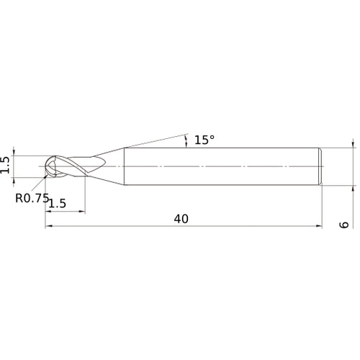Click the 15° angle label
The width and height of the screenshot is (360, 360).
(x=204, y=140)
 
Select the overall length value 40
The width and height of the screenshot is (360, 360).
(x=181, y=219)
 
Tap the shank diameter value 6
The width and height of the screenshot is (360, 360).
(x=344, y=225)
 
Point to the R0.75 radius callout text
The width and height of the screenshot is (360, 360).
(x=32, y=198)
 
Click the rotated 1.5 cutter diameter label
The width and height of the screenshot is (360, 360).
(x=5, y=165)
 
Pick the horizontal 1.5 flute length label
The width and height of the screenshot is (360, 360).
(x=58, y=204)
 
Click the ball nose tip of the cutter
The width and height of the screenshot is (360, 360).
(x=46, y=166)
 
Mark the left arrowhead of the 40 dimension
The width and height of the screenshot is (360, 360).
(x=48, y=226)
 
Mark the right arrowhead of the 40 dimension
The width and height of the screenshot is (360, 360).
(x=319, y=226)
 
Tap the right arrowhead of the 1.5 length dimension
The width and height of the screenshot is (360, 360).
(x=82, y=212)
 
